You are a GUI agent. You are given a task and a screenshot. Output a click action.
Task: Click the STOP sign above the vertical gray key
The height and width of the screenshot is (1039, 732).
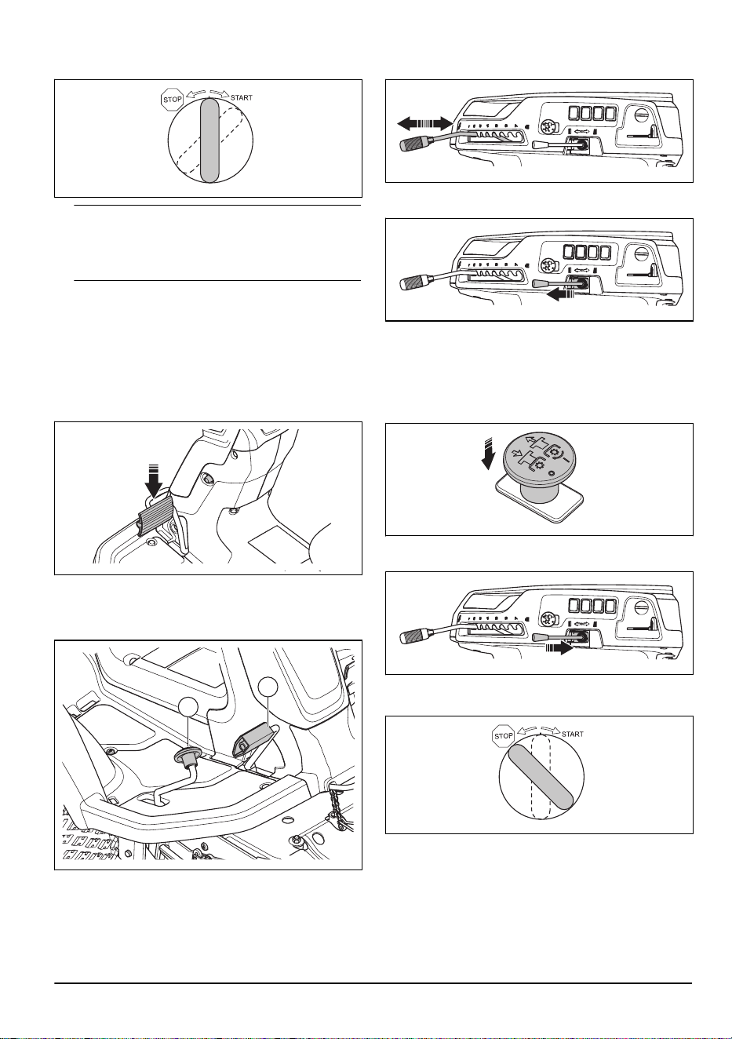click(x=172, y=99)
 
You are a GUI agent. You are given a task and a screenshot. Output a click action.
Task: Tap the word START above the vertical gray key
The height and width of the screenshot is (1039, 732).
click(x=241, y=98)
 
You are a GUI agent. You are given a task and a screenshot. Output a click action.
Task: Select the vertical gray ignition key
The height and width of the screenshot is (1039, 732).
click(x=209, y=140)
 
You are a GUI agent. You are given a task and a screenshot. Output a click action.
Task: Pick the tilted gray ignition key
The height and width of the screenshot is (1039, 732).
click(x=541, y=780)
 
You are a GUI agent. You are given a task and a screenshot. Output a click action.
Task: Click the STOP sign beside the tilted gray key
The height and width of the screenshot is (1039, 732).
click(x=503, y=735)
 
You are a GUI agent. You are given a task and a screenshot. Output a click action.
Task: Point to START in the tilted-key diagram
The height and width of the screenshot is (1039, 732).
click(x=573, y=735)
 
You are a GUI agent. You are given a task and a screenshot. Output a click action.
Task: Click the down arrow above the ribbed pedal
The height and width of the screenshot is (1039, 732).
click(x=153, y=482)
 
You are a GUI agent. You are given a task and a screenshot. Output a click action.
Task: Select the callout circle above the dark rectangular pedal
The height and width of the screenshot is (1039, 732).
click(x=269, y=687)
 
